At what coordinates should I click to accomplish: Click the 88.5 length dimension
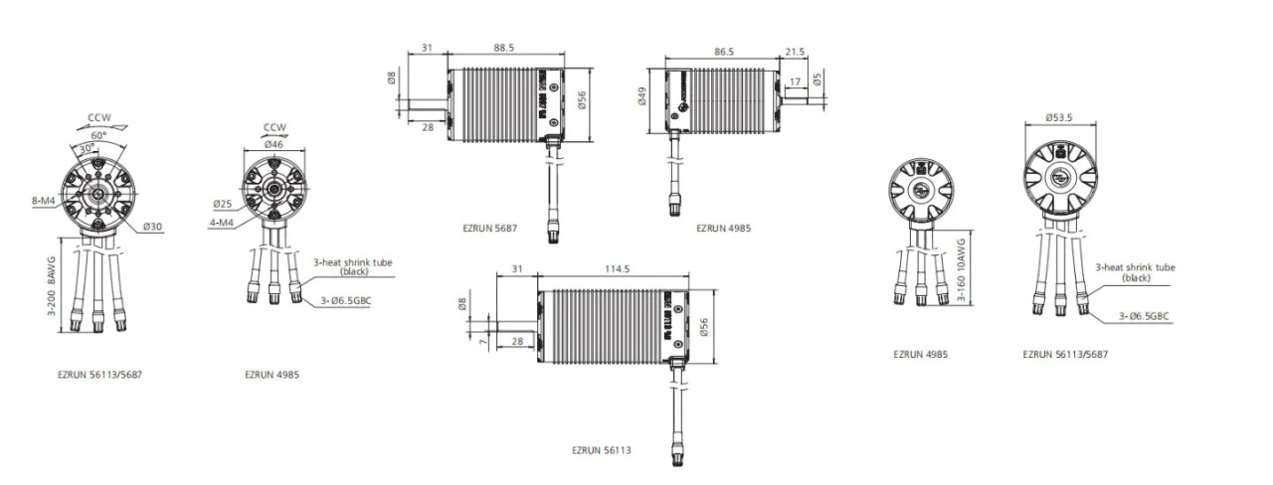[x=503, y=48]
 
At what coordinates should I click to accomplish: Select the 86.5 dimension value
[x=723, y=52]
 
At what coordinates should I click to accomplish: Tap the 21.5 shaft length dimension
[x=795, y=52]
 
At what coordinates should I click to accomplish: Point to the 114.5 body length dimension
[x=618, y=268]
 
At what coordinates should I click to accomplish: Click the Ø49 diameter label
[x=642, y=96]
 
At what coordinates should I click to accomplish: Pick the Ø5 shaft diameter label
[x=818, y=79]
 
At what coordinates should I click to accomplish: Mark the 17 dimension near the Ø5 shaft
[x=795, y=81]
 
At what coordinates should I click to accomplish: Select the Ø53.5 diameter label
[x=1059, y=117]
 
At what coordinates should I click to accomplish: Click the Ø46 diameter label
[x=273, y=144]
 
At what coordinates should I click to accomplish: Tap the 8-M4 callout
[x=43, y=201]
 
